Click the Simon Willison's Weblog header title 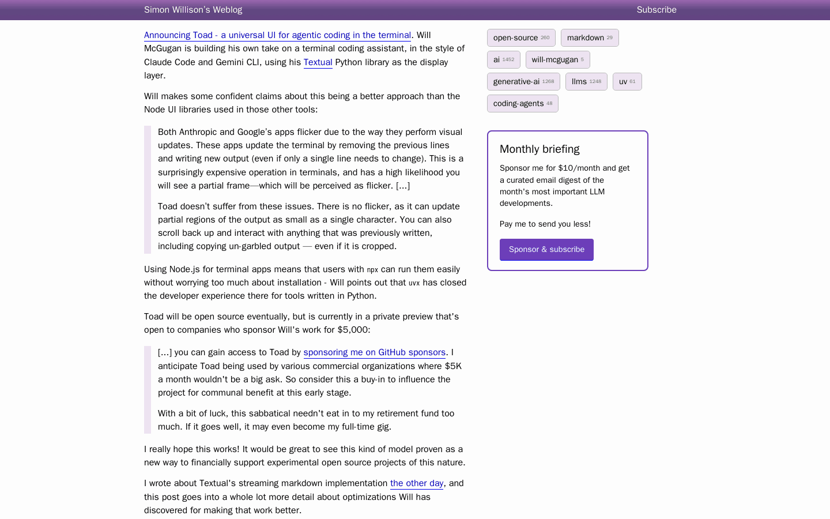click(193, 10)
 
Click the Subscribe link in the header click(657, 10)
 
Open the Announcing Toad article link click(277, 35)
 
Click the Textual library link click(318, 62)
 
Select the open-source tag click(521, 38)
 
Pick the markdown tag click(590, 38)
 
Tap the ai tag click(503, 60)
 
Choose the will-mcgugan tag click(557, 60)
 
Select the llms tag click(586, 82)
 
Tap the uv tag click(627, 82)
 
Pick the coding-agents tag click(522, 104)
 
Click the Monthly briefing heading click(539, 149)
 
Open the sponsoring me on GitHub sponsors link click(375, 352)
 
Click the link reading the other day click(417, 483)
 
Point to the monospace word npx click(372, 270)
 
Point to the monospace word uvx click(414, 283)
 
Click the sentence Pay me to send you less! click(545, 224)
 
